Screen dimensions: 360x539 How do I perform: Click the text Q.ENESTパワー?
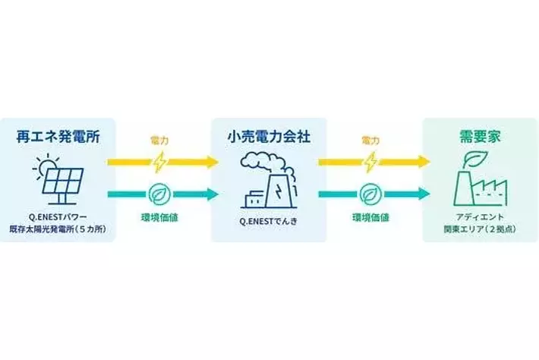[58, 216]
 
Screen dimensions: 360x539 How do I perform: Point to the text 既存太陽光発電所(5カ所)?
[58, 228]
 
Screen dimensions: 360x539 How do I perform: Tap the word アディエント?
[479, 216]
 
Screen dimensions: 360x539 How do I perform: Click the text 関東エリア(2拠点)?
[479, 228]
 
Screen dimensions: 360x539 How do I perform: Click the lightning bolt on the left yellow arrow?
[160, 162]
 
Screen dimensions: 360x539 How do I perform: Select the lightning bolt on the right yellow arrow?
[370, 162]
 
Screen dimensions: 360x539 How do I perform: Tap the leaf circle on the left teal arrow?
[160, 194]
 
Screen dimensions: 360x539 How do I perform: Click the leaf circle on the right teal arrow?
[370, 194]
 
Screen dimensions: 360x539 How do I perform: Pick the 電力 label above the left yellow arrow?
[160, 141]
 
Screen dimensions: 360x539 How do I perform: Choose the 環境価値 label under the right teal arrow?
[370, 217]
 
